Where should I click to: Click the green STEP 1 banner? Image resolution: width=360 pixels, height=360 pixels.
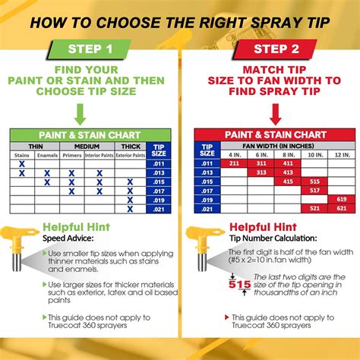(x=90, y=50)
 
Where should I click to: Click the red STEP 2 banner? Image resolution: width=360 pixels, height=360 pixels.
(x=270, y=50)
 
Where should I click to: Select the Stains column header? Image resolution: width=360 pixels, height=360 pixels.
(x=22, y=155)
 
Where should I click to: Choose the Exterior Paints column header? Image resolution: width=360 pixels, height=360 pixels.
(x=130, y=155)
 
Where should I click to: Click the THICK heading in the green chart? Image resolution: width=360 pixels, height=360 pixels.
(x=130, y=146)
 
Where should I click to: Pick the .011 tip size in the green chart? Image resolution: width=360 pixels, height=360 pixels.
(x=158, y=163)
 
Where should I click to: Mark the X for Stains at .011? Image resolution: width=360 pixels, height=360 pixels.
(x=22, y=163)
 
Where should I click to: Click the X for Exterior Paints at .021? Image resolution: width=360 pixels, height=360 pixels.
(x=130, y=209)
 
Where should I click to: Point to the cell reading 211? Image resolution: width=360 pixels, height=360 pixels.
(x=234, y=163)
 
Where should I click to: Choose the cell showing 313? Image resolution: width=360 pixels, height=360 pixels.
(x=261, y=172)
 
